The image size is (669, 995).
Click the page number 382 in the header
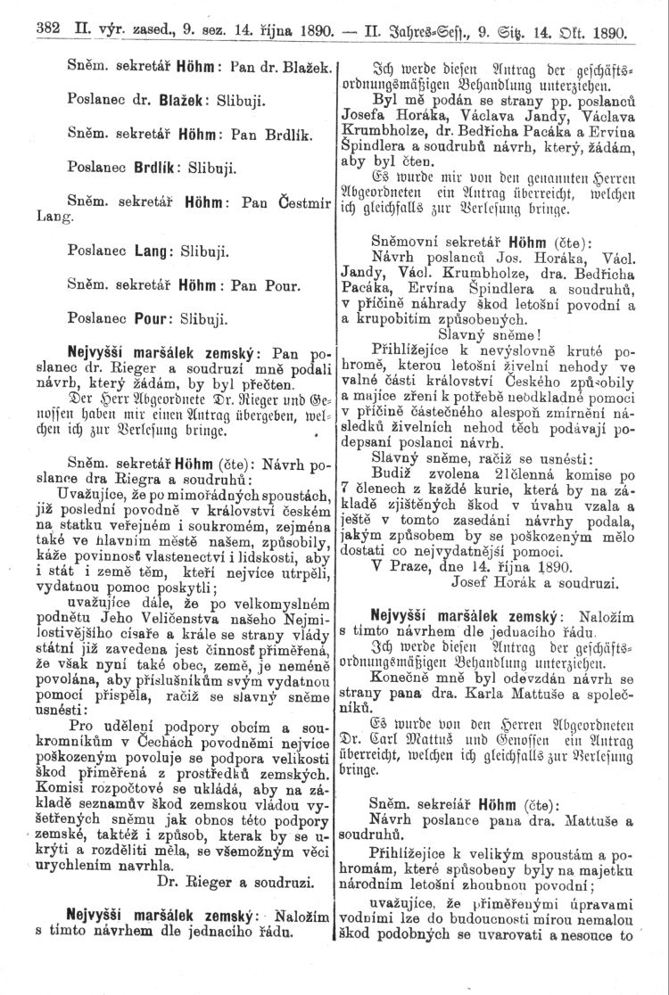click(45, 29)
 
